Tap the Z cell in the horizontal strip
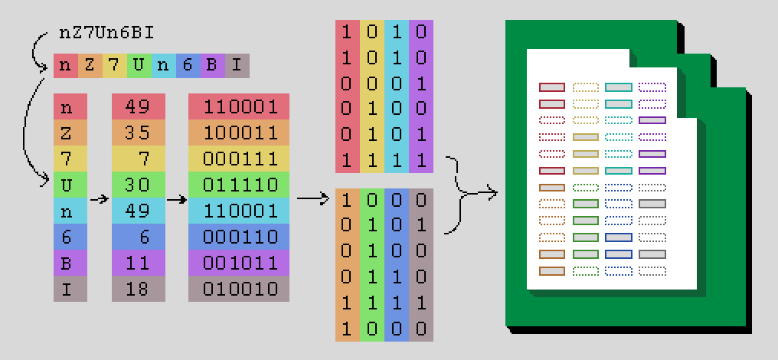pos(90,65)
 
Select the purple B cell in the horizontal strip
pos(211,65)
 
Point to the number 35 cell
pos(139,133)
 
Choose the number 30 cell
pos(139,185)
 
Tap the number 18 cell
pos(139,289)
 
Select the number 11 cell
pos(139,263)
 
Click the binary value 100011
pos(239,133)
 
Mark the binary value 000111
pos(239,159)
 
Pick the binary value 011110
pos(239,185)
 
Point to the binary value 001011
pos(239,263)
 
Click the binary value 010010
pos(239,289)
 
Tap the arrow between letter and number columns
pos(98,198)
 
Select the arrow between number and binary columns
pos(177,198)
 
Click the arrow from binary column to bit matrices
pos(312,198)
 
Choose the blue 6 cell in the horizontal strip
pos(187,65)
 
